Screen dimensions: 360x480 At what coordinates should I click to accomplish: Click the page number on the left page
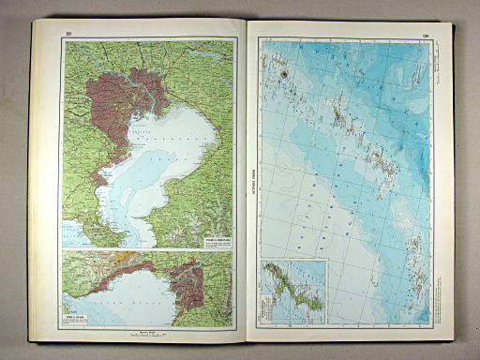click(68, 35)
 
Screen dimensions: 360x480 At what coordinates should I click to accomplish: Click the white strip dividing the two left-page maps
click(147, 249)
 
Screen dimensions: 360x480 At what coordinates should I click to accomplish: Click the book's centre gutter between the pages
click(244, 187)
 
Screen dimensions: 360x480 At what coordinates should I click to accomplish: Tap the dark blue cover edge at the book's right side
click(454, 187)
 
